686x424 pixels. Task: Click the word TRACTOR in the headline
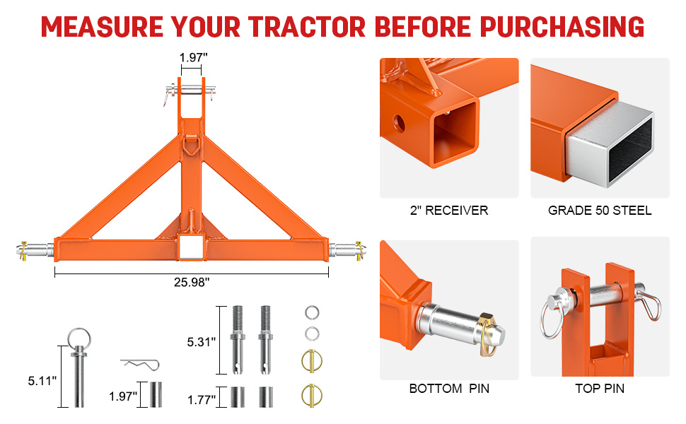tap(307, 27)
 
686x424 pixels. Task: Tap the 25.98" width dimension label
tap(192, 283)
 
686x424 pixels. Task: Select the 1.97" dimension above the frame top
tap(193, 57)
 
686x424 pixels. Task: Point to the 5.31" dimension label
tap(202, 342)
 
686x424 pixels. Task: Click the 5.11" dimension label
tap(42, 381)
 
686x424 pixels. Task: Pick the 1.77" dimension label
tap(202, 399)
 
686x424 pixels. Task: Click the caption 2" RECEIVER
tap(449, 211)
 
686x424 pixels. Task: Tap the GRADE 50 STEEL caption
tap(600, 211)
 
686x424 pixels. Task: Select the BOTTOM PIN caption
tap(449, 388)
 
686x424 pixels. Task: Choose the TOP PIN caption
tap(600, 388)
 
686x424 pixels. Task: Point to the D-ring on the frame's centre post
tap(191, 144)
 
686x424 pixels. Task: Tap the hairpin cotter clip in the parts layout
tap(140, 364)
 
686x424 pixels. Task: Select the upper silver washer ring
tap(312, 312)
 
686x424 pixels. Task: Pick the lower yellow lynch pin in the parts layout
tap(311, 395)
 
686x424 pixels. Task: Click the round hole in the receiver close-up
tap(399, 124)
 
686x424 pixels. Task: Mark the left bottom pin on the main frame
tap(35, 251)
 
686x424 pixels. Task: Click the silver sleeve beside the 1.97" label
tap(156, 394)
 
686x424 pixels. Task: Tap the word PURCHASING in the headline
tap(562, 27)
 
